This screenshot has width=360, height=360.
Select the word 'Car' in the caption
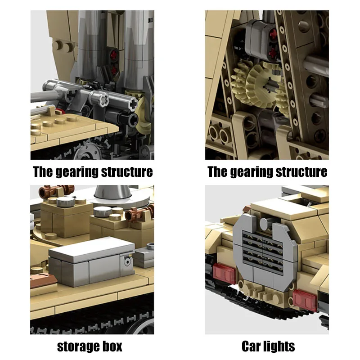[x=252, y=346]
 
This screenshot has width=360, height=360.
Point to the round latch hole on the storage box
[x=127, y=261]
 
